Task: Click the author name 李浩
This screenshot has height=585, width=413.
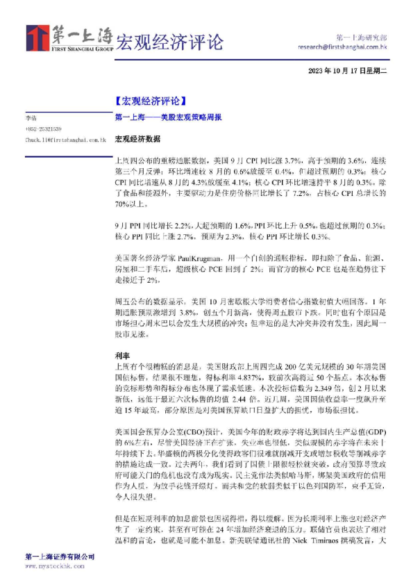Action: click(31, 120)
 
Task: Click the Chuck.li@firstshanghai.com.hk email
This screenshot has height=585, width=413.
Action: click(65, 140)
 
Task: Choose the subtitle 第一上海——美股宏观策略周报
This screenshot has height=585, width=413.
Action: click(168, 118)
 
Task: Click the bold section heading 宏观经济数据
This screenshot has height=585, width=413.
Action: click(133, 139)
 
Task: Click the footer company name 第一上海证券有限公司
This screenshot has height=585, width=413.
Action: click(60, 557)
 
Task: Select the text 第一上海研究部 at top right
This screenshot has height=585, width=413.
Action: click(361, 38)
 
